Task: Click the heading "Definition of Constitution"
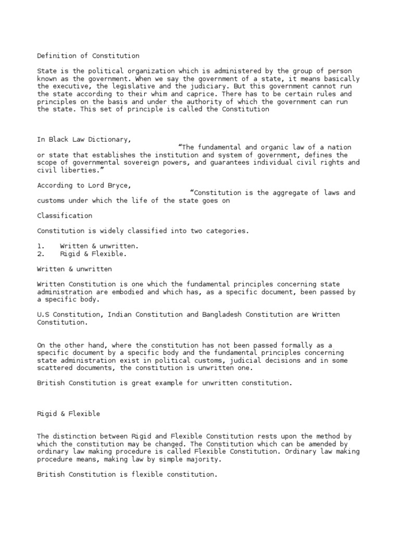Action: coord(88,56)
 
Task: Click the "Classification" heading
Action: coord(65,215)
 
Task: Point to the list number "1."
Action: coord(41,246)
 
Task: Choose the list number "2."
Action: coord(41,254)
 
